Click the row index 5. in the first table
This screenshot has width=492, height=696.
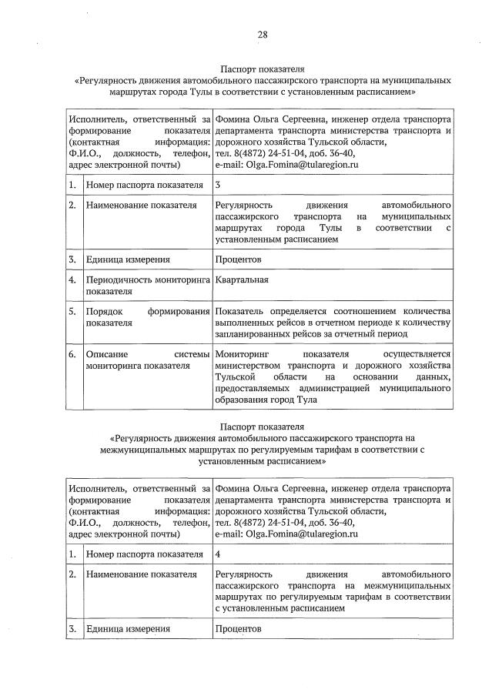point(72,311)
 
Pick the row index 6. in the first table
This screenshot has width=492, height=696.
point(72,354)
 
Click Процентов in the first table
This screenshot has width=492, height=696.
point(239,260)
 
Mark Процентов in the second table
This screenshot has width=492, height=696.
point(239,629)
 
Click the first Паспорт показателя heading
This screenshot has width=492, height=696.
point(262,69)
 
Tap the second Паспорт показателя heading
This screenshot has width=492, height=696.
point(262,427)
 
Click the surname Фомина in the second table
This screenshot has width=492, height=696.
point(233,488)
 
